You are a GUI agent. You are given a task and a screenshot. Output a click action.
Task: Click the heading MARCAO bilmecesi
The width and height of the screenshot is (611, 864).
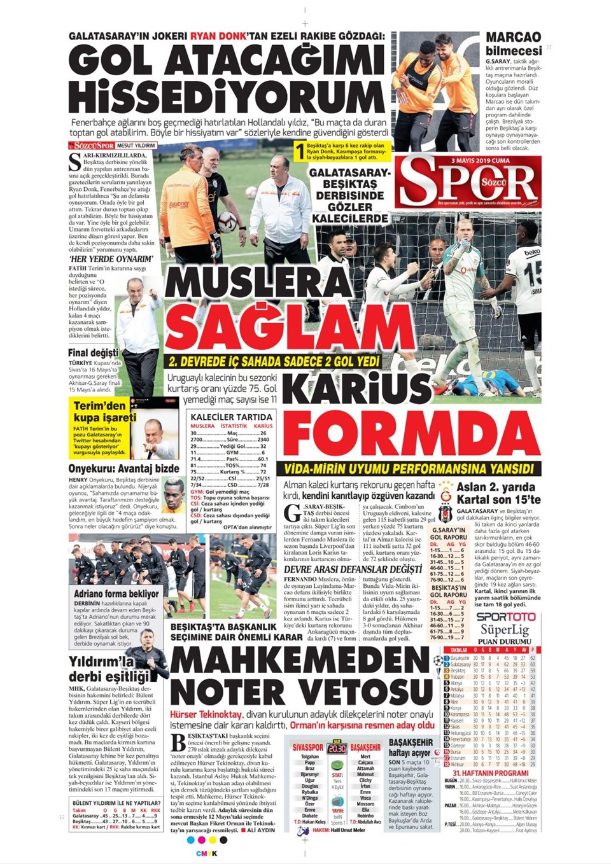(513, 43)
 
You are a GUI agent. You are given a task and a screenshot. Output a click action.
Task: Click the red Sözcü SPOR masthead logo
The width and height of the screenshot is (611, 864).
(468, 183)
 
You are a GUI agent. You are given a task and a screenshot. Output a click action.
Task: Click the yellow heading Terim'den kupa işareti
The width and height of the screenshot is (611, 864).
(104, 412)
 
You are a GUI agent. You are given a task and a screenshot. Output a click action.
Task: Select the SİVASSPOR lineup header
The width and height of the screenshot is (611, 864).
(308, 747)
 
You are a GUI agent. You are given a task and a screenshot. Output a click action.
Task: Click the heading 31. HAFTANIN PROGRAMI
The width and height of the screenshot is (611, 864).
(490, 773)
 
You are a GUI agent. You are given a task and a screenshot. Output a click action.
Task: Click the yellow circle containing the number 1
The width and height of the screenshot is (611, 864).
(300, 152)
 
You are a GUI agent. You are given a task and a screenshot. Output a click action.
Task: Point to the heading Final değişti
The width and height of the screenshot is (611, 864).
(93, 353)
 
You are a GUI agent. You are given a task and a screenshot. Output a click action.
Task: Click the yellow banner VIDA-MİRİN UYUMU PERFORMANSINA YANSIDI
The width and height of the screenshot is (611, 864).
(409, 469)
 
